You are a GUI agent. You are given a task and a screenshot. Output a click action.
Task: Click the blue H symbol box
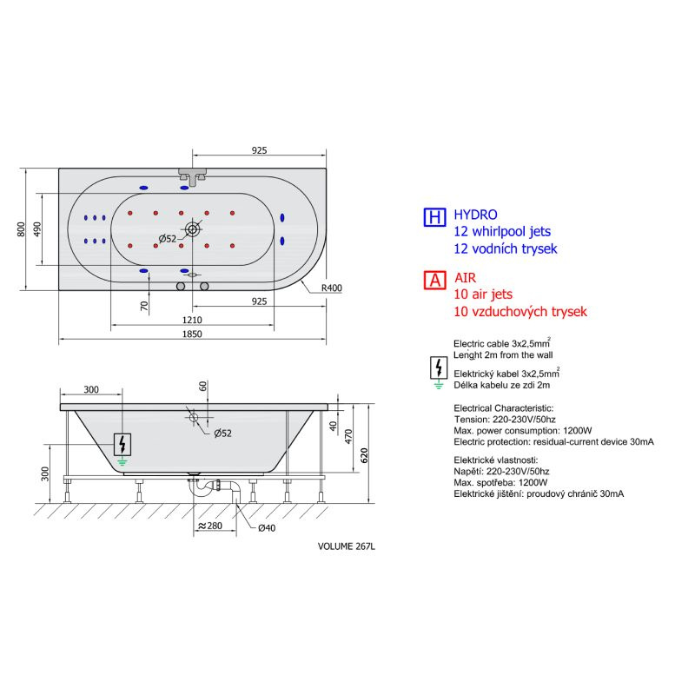point(434,217)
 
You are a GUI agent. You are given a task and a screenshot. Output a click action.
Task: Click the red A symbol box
point(434,280)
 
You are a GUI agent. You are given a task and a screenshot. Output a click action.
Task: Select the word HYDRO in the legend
point(475,215)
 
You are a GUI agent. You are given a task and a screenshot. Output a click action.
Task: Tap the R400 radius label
point(332,288)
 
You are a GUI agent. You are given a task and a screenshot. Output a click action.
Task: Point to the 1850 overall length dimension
point(192,334)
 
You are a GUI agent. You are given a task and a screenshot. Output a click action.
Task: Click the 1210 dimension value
point(192,320)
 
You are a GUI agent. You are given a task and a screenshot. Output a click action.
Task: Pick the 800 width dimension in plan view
point(21,229)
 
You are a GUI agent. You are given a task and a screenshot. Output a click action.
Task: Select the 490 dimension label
point(37,229)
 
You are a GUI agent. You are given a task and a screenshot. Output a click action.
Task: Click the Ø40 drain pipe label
point(267,528)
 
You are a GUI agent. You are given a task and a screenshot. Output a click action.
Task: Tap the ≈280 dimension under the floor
point(209,526)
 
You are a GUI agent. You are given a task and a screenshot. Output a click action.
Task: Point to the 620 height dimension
point(364,455)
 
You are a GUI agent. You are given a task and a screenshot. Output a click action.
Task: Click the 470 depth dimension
point(348,437)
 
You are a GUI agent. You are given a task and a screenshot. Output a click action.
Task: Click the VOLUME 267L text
point(346,546)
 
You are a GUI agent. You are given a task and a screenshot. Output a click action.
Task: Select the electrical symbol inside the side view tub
point(122,445)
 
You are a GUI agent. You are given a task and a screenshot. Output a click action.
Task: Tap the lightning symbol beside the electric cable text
point(439,367)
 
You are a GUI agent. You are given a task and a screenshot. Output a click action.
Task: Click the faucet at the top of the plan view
point(193,176)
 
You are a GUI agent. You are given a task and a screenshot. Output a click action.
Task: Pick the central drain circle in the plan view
point(193,229)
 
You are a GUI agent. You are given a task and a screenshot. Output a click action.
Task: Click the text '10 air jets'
point(483,295)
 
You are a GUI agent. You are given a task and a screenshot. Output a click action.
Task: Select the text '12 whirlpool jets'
point(502,232)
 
